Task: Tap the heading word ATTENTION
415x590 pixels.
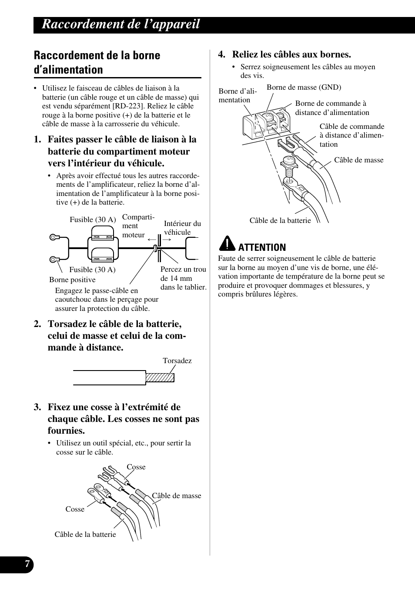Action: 261,247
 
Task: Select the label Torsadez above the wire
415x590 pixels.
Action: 177,361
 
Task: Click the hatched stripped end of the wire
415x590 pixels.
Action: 160,377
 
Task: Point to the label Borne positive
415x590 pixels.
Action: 72,280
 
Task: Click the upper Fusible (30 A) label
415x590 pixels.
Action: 93,219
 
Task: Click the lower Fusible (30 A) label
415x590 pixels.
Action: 92,270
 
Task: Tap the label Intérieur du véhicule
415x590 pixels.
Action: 182,228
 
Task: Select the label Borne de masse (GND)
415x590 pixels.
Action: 304,87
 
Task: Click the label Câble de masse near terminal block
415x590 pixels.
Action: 358,160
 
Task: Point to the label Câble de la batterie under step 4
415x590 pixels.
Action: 280,220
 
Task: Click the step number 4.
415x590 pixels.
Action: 222,54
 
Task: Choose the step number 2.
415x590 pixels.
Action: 37,324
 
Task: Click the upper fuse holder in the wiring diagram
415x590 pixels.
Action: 103,238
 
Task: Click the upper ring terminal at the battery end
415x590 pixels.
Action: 54,237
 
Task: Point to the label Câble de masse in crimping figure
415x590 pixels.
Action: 176,496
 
